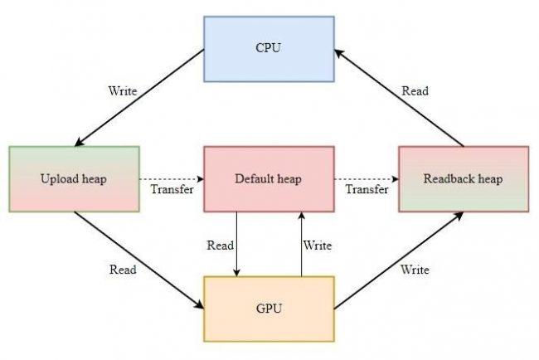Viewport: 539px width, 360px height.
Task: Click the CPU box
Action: coord(269,49)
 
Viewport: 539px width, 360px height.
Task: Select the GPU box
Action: coord(269,309)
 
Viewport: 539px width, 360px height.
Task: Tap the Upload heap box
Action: coord(75,179)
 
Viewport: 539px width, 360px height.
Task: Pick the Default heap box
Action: coord(269,179)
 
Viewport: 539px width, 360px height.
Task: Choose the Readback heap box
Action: coord(464,179)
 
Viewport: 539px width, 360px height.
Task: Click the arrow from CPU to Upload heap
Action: coord(139,98)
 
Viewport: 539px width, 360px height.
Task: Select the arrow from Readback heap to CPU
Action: coord(399,98)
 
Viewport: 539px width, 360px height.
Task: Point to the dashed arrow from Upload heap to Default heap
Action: coord(172,179)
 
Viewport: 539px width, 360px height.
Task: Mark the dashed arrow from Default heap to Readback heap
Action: coord(366,179)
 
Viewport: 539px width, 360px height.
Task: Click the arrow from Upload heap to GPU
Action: coord(138,260)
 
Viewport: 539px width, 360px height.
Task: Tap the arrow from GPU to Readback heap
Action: coord(399,260)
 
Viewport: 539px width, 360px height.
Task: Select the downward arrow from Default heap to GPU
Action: coord(236,244)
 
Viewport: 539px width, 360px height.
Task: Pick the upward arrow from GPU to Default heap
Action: coord(302,244)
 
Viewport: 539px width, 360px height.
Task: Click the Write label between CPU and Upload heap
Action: coord(123,90)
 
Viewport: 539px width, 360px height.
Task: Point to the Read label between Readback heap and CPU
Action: coord(415,90)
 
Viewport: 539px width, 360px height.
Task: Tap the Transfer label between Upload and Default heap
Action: coord(172,189)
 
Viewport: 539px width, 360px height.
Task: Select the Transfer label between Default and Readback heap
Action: coord(367,189)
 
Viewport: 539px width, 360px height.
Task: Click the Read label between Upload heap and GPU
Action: coord(123,270)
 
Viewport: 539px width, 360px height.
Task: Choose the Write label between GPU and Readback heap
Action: coord(415,270)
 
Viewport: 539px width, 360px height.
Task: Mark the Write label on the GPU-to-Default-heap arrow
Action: coord(318,246)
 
